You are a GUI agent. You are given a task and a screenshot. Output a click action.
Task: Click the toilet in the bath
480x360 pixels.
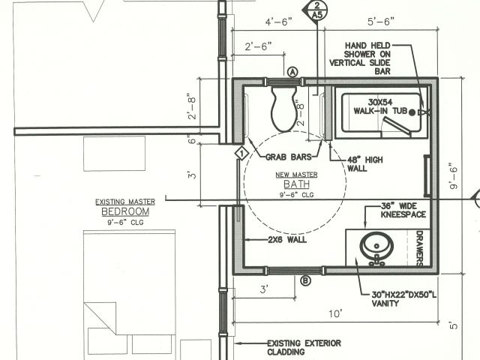coord(283,109)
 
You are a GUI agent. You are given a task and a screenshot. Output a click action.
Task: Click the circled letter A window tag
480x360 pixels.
coord(293,72)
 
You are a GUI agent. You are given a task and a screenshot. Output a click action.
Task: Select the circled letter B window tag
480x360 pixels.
coord(305,280)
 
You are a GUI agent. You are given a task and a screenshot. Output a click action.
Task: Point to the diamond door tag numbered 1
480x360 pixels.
coord(241,153)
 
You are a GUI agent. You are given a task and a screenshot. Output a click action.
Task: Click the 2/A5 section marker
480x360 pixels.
coord(316,10)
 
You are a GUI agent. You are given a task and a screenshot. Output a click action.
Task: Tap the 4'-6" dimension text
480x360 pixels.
coord(278,22)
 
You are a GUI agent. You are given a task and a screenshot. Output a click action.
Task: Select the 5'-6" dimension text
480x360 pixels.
coord(381,22)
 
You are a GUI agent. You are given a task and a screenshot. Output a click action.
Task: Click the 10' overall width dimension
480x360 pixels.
coord(335,313)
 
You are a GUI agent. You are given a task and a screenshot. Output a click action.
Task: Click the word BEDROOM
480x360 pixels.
coord(125,211)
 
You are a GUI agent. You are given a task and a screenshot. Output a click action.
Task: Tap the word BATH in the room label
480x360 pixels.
coord(297,184)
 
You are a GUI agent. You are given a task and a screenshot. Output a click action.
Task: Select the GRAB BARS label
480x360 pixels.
coord(288,157)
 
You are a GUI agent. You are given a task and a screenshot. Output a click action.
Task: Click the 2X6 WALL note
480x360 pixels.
coord(287,239)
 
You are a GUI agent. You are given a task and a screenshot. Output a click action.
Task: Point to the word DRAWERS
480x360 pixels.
coord(420,248)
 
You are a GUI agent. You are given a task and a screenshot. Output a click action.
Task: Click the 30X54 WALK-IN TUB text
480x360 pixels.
coord(380,106)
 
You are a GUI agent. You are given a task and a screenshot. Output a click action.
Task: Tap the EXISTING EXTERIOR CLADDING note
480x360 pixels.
coord(304,347)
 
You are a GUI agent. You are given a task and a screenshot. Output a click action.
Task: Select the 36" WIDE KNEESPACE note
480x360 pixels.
coord(403,210)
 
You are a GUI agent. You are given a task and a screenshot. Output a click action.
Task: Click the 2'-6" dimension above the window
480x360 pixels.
coord(258,46)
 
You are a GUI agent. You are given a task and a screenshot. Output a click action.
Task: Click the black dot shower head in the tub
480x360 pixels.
coord(412,112)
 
